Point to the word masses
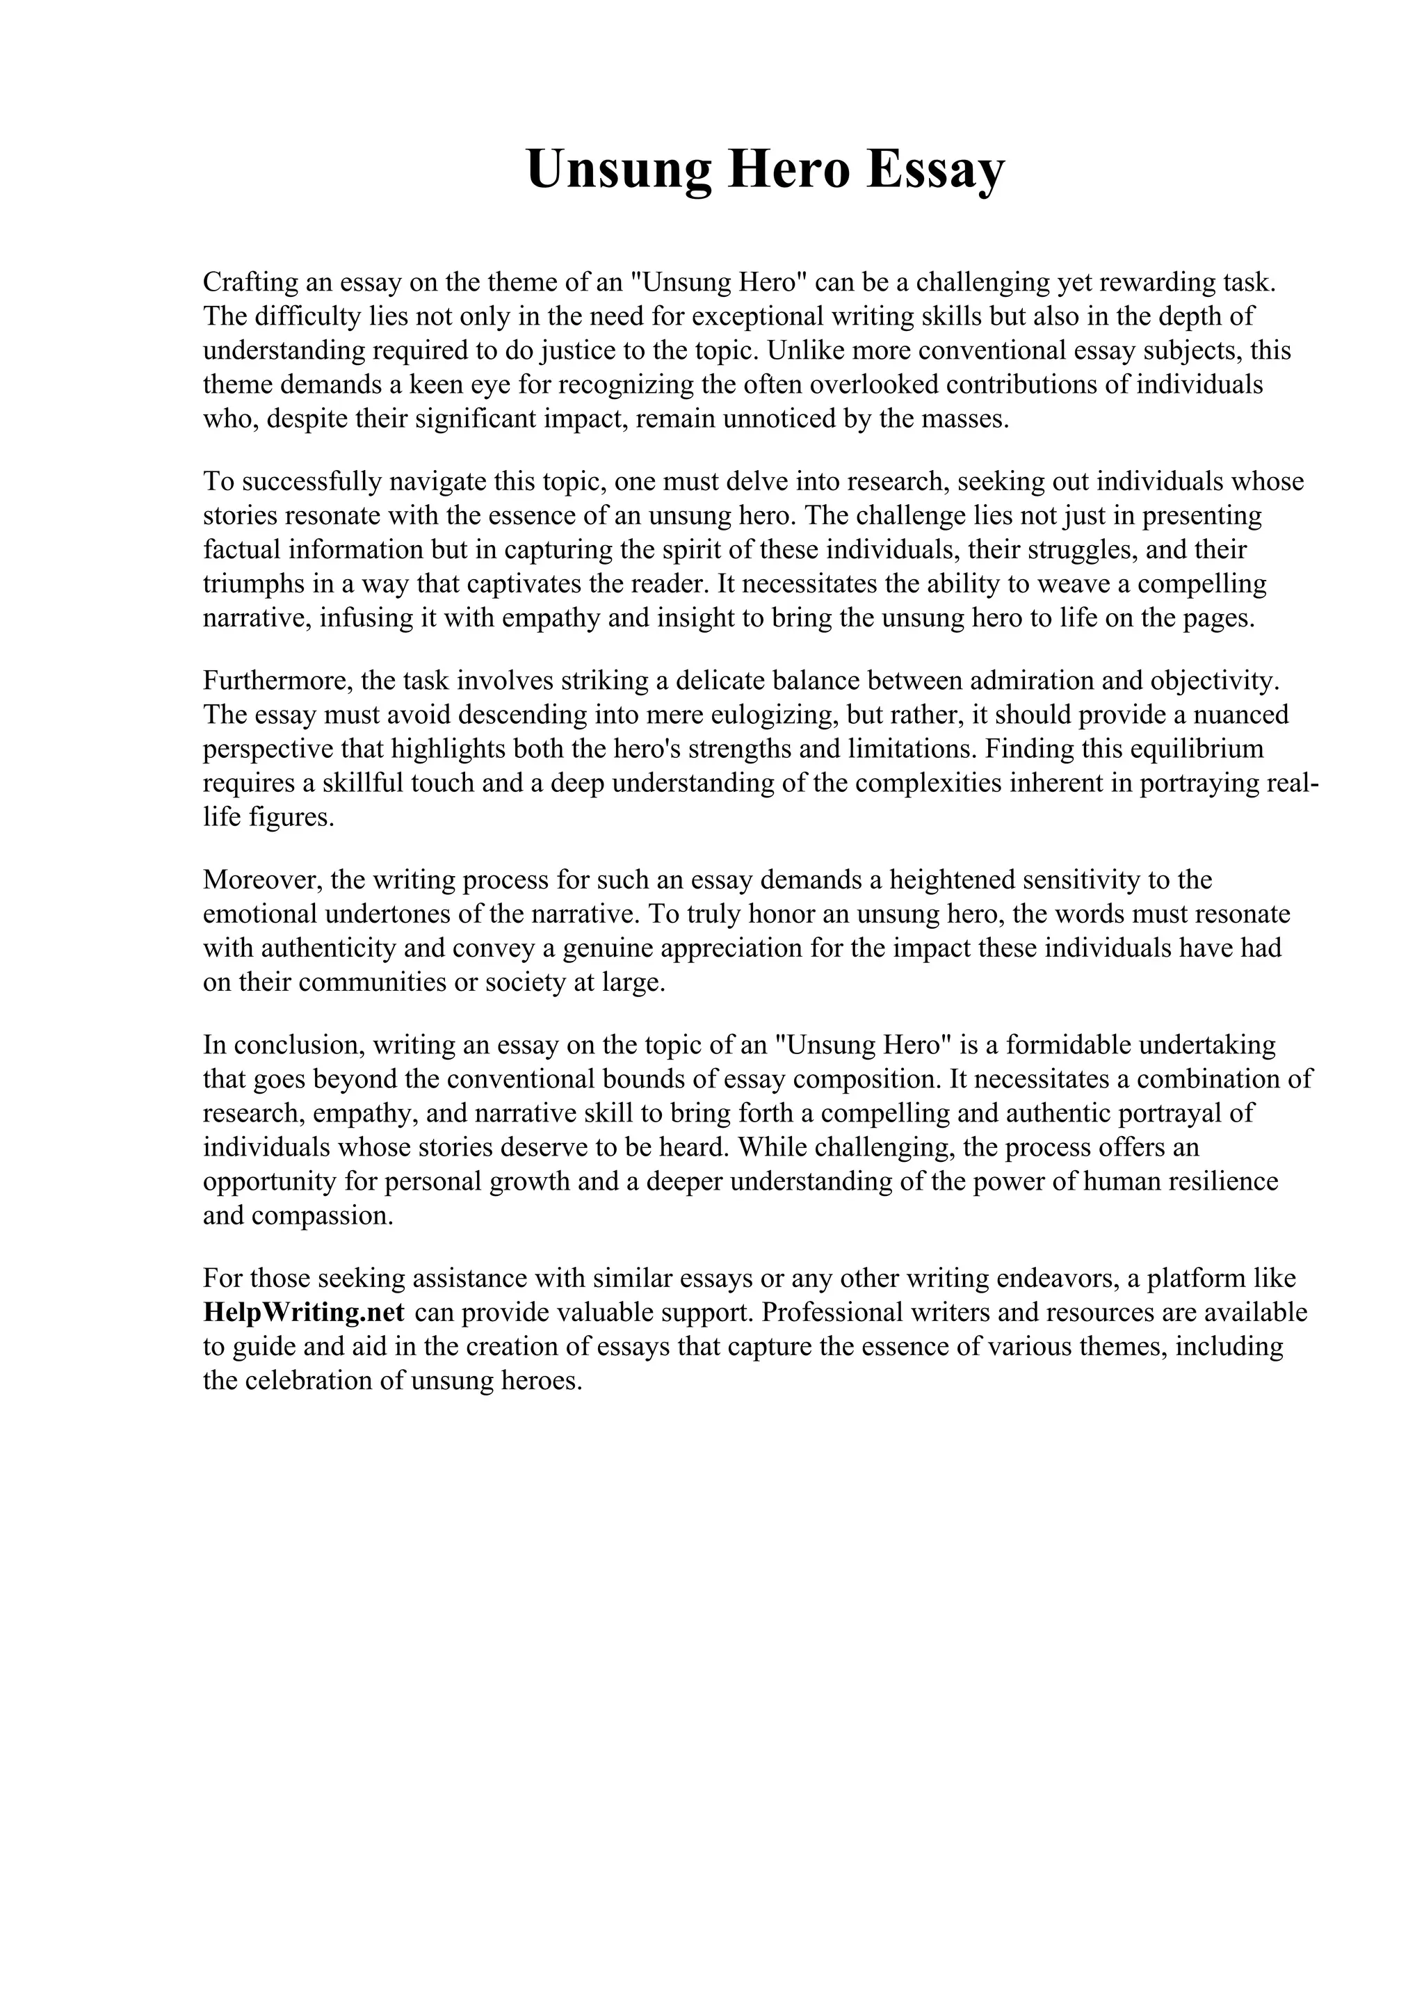966,419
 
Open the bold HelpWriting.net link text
304,1313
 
